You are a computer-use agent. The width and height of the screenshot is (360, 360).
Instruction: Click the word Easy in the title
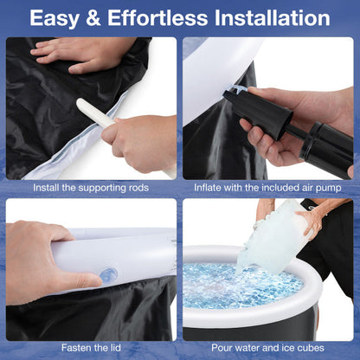[x=55, y=18]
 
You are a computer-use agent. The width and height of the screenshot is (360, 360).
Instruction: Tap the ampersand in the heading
[x=93, y=18]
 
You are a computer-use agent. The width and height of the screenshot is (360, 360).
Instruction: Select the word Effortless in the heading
[x=157, y=18]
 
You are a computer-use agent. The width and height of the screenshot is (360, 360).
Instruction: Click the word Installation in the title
[x=273, y=18]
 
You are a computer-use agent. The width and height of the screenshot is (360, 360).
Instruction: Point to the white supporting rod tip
[x=80, y=103]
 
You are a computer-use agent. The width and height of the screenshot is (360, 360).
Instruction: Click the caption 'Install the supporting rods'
[x=91, y=188]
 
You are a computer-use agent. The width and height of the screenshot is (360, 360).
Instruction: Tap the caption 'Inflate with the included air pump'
[x=267, y=188]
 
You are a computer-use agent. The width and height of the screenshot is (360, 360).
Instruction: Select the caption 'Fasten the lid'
[x=91, y=348]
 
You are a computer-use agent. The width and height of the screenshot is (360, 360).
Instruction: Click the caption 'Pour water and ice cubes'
[x=267, y=348]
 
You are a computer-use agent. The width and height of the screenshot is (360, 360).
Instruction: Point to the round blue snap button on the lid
[x=108, y=274]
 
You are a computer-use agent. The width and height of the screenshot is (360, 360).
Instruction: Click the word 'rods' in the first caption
[x=139, y=188]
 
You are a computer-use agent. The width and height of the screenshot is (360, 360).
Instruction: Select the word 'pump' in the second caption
[x=328, y=189]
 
